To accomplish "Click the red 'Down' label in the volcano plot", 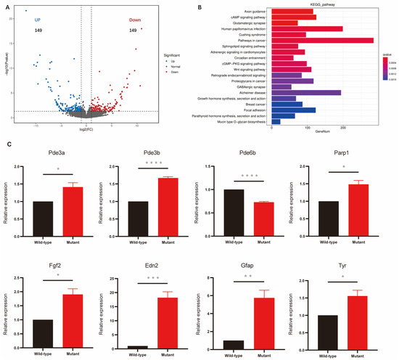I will (x=136, y=20).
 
